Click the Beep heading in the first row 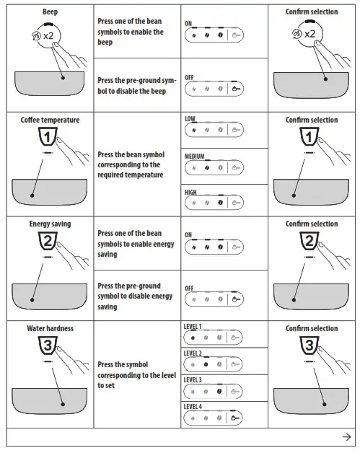50,12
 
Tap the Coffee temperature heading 50,120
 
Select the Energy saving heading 50,224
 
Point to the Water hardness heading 50,328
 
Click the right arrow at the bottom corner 346,437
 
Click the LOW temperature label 190,118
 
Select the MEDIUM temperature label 195,155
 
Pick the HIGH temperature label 190,193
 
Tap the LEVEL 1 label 193,327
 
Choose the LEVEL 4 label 193,407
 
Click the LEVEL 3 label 193,379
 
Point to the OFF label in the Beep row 189,76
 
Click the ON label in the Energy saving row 188,234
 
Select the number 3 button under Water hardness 46,346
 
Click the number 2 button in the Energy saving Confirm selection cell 308,241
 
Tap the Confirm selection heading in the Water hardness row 311,328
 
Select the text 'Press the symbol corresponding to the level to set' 136,375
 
